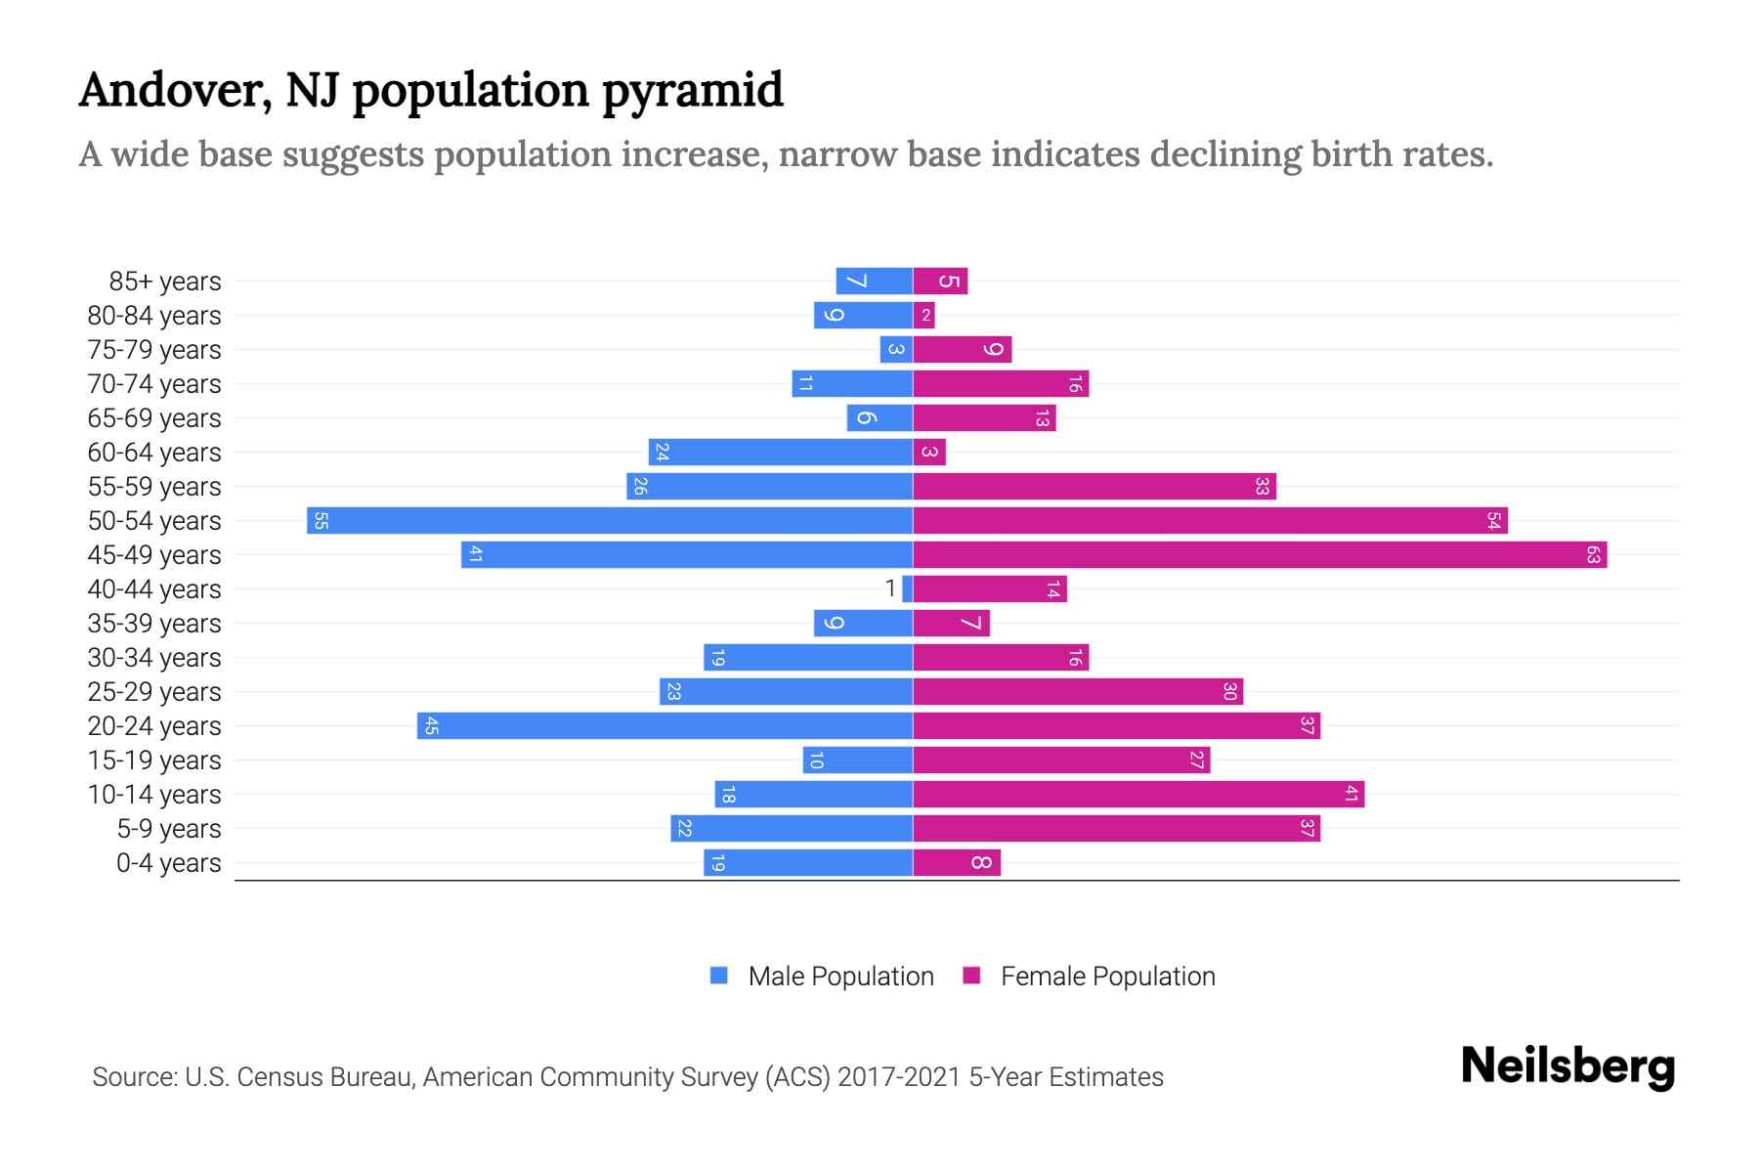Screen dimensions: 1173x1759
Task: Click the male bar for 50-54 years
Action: (610, 520)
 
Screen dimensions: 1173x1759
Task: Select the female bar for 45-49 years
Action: (1260, 554)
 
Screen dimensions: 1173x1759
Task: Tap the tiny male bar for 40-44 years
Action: (908, 588)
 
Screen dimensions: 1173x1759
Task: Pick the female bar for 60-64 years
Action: (929, 452)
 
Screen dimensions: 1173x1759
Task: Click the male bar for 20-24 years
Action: (665, 725)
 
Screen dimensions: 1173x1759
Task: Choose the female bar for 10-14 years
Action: (1138, 794)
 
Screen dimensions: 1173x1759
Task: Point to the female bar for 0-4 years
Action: (957, 862)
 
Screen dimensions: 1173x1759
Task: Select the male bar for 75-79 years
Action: (896, 349)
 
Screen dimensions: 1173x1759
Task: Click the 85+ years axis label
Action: (165, 281)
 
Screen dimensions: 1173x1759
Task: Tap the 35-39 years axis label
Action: (154, 623)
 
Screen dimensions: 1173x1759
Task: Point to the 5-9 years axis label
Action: (169, 828)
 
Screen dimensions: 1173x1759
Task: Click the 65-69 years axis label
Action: (154, 417)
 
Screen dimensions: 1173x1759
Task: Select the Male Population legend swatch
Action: (719, 976)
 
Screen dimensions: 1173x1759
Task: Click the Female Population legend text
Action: (1107, 976)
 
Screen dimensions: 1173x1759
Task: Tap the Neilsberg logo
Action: (1567, 1066)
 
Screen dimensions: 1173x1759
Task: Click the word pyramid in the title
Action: (692, 91)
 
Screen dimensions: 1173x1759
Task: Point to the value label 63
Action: (1593, 554)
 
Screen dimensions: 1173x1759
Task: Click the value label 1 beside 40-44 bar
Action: (890, 588)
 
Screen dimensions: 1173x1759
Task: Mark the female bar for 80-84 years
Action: (923, 315)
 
